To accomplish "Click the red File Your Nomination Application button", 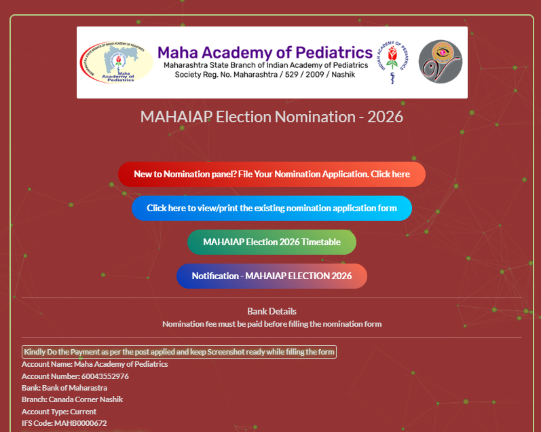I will [x=272, y=174].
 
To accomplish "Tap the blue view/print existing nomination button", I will [x=272, y=209].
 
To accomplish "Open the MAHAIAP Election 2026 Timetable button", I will [x=272, y=242].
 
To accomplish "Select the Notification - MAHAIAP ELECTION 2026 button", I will [x=272, y=276].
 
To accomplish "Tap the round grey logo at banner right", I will [x=440, y=62].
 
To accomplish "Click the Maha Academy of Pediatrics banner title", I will [x=265, y=52].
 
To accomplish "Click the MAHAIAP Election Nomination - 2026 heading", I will [x=272, y=116].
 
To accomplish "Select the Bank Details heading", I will [x=272, y=311].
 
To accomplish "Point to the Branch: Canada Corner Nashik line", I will [x=72, y=399].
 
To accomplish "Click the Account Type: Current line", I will [x=59, y=412].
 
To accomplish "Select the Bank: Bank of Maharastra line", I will [x=64, y=388].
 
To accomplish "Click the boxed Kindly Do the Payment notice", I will [x=179, y=352].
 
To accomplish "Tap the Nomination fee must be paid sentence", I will [x=272, y=324].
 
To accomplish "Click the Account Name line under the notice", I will [x=94, y=364].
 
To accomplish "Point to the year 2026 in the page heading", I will [x=385, y=116].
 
